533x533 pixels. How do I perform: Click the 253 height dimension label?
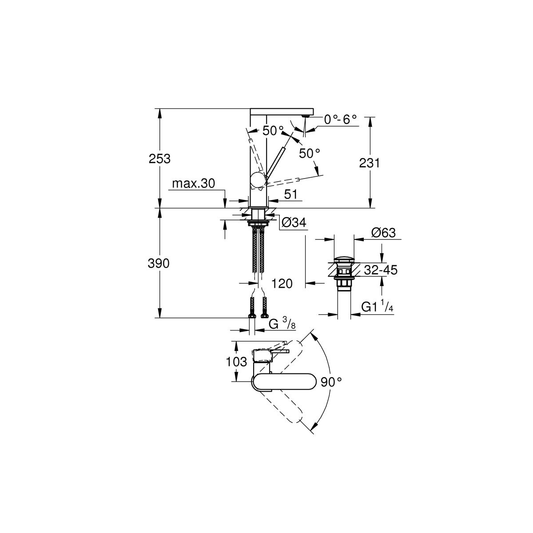[159, 159]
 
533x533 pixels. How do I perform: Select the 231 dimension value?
[370, 163]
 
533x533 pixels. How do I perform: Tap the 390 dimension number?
[159, 263]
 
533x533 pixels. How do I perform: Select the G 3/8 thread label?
[282, 324]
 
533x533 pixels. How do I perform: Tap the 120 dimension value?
[282, 283]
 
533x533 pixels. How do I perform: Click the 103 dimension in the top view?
[237, 362]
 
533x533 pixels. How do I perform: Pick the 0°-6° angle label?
[340, 119]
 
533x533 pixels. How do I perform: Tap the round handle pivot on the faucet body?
[258, 180]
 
